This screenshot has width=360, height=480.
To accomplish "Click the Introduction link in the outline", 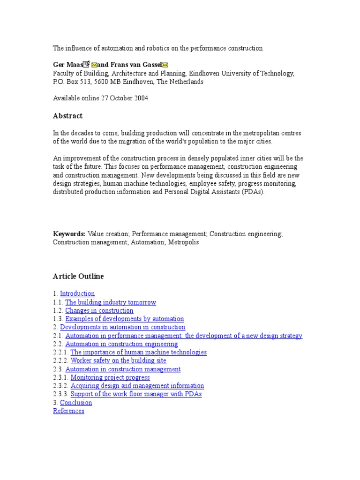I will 77,294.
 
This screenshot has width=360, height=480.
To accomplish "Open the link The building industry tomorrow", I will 111,302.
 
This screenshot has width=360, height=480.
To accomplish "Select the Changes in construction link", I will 99,311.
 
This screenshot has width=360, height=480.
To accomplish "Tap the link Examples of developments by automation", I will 125,319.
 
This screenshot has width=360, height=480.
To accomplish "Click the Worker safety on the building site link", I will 118,360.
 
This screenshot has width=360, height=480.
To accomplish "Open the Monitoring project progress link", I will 110,377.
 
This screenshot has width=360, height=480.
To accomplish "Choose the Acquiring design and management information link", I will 137,386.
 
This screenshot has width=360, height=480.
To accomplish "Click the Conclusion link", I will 76,403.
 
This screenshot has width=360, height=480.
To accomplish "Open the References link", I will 69,411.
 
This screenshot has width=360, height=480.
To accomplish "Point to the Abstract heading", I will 68,116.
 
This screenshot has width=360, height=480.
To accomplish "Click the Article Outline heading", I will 78,277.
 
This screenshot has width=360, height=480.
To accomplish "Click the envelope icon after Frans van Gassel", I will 165,65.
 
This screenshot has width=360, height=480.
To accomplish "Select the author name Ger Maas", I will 67,65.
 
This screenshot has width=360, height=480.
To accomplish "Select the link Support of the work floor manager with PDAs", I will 136,394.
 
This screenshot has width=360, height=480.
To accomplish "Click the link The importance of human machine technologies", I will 138,352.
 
